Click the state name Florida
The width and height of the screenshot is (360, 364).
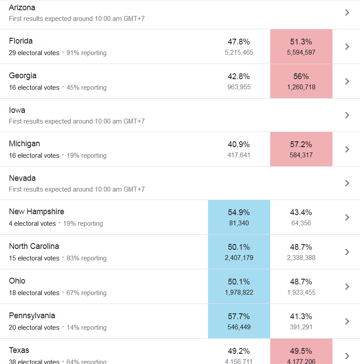pyautogui.click(x=21, y=41)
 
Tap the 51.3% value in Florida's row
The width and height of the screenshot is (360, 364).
pyautogui.click(x=301, y=42)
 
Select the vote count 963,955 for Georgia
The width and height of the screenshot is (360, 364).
pyautogui.click(x=239, y=87)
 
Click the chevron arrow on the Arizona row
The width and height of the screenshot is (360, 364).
pyautogui.click(x=347, y=12)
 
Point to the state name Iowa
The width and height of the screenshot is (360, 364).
pyautogui.click(x=17, y=110)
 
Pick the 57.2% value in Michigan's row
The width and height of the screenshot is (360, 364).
pyautogui.click(x=301, y=144)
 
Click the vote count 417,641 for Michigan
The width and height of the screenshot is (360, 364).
pyautogui.click(x=239, y=155)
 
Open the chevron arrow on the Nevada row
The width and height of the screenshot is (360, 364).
pyautogui.click(x=347, y=183)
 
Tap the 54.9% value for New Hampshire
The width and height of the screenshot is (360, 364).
pyautogui.click(x=239, y=212)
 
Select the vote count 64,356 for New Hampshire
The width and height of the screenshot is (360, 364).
pyautogui.click(x=301, y=223)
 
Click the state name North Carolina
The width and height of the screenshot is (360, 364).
pyautogui.click(x=34, y=246)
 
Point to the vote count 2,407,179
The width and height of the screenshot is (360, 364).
pyautogui.click(x=239, y=258)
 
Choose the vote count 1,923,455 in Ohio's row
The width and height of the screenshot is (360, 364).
pyautogui.click(x=301, y=292)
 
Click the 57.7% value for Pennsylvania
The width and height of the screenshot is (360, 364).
pyautogui.click(x=239, y=316)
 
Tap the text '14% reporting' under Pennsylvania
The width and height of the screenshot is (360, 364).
pyautogui.click(x=87, y=328)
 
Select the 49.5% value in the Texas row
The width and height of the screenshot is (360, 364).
pyautogui.click(x=301, y=351)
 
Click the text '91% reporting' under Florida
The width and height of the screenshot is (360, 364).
pyautogui.click(x=87, y=53)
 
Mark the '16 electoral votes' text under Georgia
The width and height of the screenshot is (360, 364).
pyautogui.click(x=34, y=88)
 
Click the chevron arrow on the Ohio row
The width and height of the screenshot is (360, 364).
pyautogui.click(x=347, y=287)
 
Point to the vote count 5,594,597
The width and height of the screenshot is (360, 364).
pyautogui.click(x=301, y=52)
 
